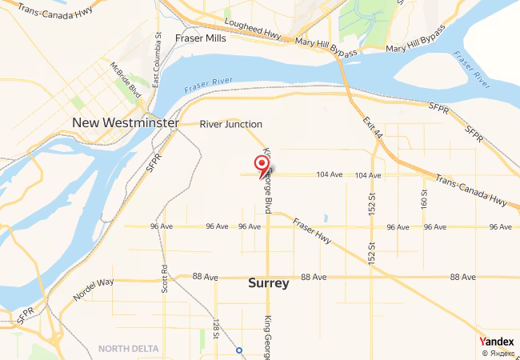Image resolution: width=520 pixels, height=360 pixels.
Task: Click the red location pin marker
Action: [x=262, y=165]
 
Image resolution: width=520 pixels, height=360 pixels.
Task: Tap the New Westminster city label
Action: [x=125, y=123]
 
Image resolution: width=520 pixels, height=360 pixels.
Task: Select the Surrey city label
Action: [x=269, y=282]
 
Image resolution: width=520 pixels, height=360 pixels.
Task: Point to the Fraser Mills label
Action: [x=202, y=38]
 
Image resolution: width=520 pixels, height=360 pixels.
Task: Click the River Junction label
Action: [x=231, y=124]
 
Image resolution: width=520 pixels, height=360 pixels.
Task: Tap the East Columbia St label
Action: [x=158, y=61]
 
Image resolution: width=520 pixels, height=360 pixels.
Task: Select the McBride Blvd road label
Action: [x=126, y=78]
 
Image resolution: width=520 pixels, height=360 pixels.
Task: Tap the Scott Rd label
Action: [x=164, y=278]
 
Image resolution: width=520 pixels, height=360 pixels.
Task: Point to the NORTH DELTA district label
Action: [x=129, y=348]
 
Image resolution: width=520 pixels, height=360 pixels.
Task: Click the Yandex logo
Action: [x=497, y=341]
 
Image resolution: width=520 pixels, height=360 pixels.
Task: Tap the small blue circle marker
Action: [x=239, y=350]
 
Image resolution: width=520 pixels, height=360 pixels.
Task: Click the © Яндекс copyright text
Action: [x=498, y=353]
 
